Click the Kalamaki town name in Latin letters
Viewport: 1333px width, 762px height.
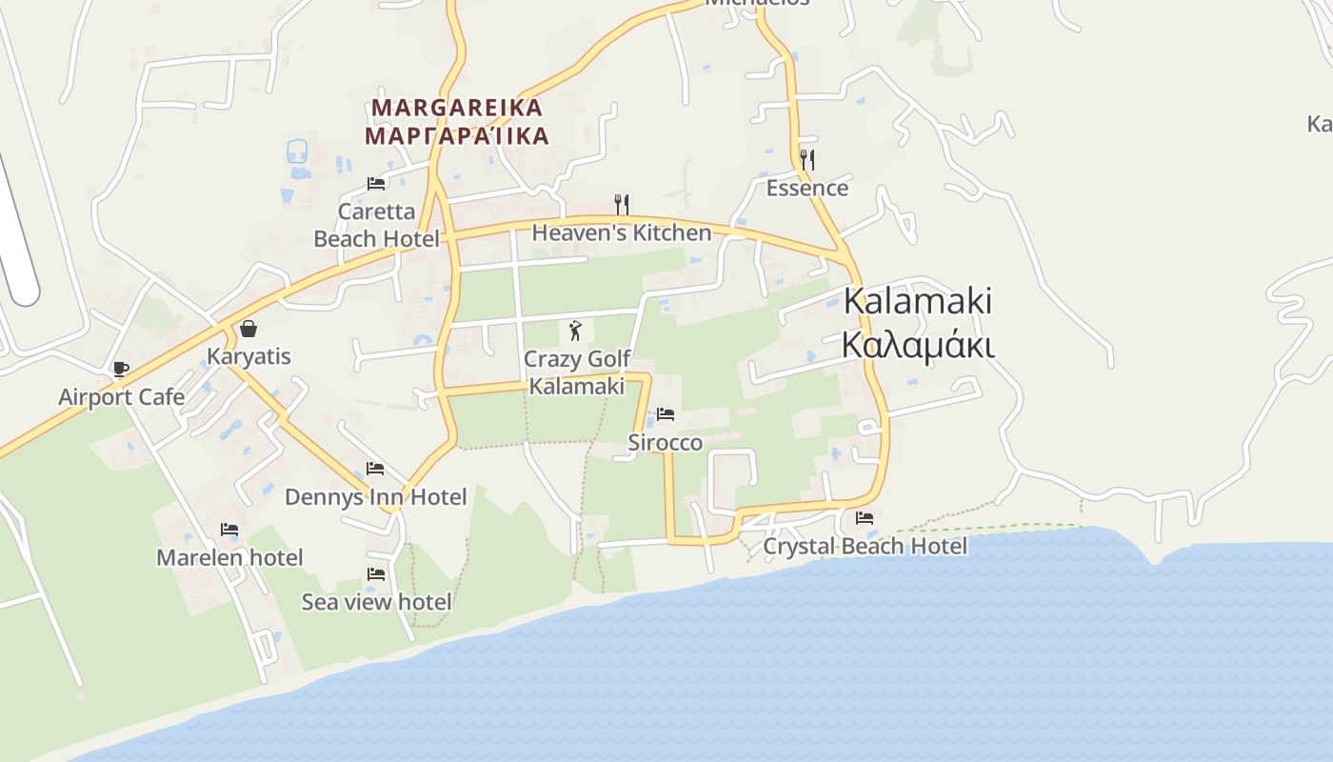pos(918,301)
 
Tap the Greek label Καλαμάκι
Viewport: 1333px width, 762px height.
pos(918,345)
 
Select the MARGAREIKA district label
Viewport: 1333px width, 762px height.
pos(457,108)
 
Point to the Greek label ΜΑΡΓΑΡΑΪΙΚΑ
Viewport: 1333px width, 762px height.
pos(457,135)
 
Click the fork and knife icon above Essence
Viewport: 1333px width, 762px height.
pos(807,159)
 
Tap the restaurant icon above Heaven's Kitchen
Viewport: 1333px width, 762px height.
pos(622,204)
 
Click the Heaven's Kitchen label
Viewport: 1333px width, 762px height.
pos(622,232)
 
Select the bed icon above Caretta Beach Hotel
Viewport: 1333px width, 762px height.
pos(376,183)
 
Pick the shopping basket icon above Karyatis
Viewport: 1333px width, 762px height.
pos(249,329)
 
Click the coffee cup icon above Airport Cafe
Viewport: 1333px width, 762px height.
pos(121,369)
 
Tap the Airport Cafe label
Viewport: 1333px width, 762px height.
pos(122,396)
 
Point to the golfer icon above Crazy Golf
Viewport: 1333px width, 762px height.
pos(575,331)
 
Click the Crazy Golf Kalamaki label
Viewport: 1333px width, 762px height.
pos(577,372)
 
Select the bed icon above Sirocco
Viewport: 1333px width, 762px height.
pos(666,414)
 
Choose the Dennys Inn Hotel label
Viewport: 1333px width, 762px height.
pos(376,496)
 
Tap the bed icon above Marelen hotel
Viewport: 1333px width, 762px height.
pos(229,529)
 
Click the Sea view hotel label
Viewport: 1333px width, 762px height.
pos(376,602)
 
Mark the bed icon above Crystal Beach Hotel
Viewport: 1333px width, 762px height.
pos(865,518)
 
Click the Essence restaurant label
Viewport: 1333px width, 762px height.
pos(807,188)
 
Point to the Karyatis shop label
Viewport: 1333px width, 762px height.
pos(249,356)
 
